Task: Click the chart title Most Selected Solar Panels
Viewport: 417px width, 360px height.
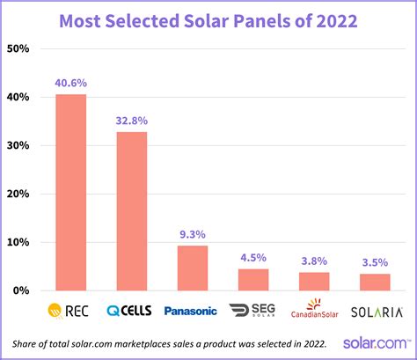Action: tap(208, 18)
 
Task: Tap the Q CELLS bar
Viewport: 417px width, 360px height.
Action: tap(132, 210)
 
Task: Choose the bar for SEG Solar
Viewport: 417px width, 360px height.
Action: tap(254, 279)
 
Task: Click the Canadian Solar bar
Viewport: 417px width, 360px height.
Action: tap(315, 281)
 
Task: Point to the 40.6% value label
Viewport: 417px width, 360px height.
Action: tap(71, 83)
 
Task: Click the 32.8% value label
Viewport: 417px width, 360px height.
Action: tap(132, 121)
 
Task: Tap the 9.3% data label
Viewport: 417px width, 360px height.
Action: tap(193, 234)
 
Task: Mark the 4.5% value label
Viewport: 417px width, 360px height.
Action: tap(254, 258)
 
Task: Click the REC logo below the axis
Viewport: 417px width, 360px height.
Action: tap(71, 311)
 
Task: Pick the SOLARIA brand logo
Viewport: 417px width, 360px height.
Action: tap(376, 312)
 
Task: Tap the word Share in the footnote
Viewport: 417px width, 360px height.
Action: tap(29, 343)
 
